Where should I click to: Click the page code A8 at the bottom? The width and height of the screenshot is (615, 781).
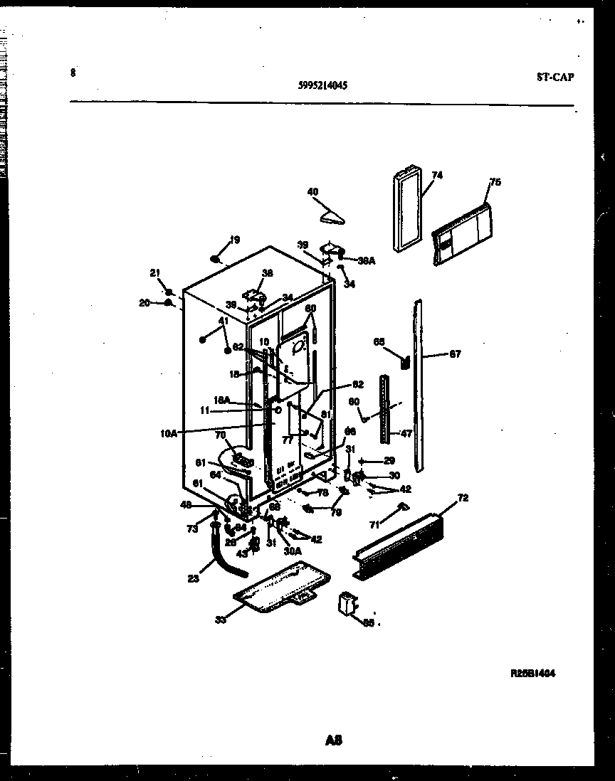pyautogui.click(x=334, y=740)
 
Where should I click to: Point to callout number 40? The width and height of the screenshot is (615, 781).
pyautogui.click(x=312, y=191)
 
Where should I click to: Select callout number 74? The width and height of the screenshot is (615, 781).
pyautogui.click(x=436, y=175)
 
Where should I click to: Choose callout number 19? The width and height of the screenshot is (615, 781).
pyautogui.click(x=235, y=240)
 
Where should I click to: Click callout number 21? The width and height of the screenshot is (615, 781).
pyautogui.click(x=154, y=273)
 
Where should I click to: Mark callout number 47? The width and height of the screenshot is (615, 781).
pyautogui.click(x=405, y=432)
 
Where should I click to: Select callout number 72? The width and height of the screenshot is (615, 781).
pyautogui.click(x=463, y=498)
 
